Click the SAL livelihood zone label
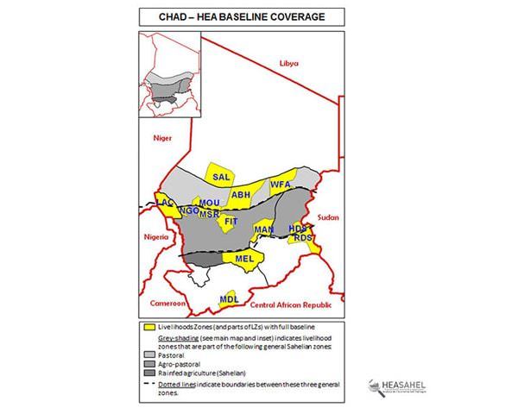pyautogui.click(x=219, y=176)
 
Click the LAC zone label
pyautogui.click(x=164, y=202)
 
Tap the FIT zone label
pyautogui.click(x=231, y=222)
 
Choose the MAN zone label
pyautogui.click(x=263, y=229)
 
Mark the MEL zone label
pyautogui.click(x=243, y=258)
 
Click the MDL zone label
pyautogui.click(x=229, y=298)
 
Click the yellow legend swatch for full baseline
pyautogui.click(x=149, y=325)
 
